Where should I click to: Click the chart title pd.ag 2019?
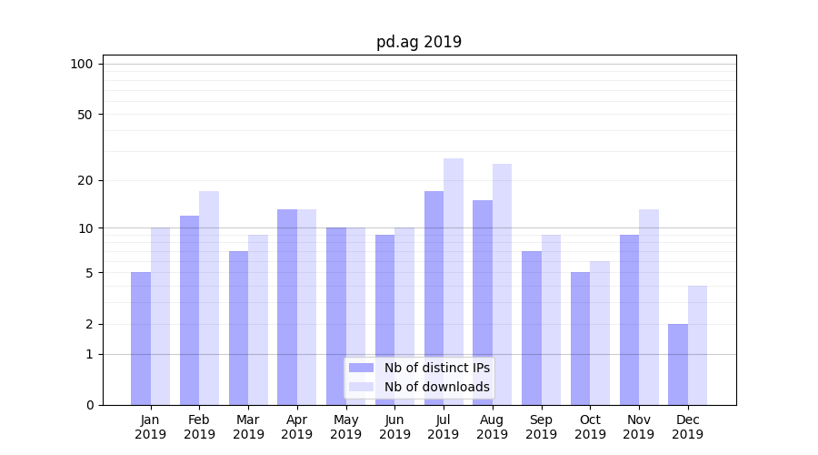pyautogui.click(x=419, y=42)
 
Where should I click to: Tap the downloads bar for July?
pyautogui.click(x=454, y=281)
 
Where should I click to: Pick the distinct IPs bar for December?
pyautogui.click(x=678, y=364)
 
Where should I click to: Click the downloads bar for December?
pyautogui.click(x=697, y=345)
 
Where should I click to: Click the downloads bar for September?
pyautogui.click(x=551, y=319)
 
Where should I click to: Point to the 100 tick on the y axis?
pyautogui.click(x=82, y=64)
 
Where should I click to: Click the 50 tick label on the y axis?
pyautogui.click(x=85, y=115)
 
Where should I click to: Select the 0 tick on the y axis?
pyautogui.click(x=89, y=405)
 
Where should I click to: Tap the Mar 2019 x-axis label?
pyautogui.click(x=248, y=427)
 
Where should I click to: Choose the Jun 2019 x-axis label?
pyautogui.click(x=394, y=427)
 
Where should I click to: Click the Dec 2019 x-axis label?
pyautogui.click(x=687, y=427)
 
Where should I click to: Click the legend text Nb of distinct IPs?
pyautogui.click(x=436, y=368)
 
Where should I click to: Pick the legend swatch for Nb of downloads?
pyautogui.click(x=361, y=387)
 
